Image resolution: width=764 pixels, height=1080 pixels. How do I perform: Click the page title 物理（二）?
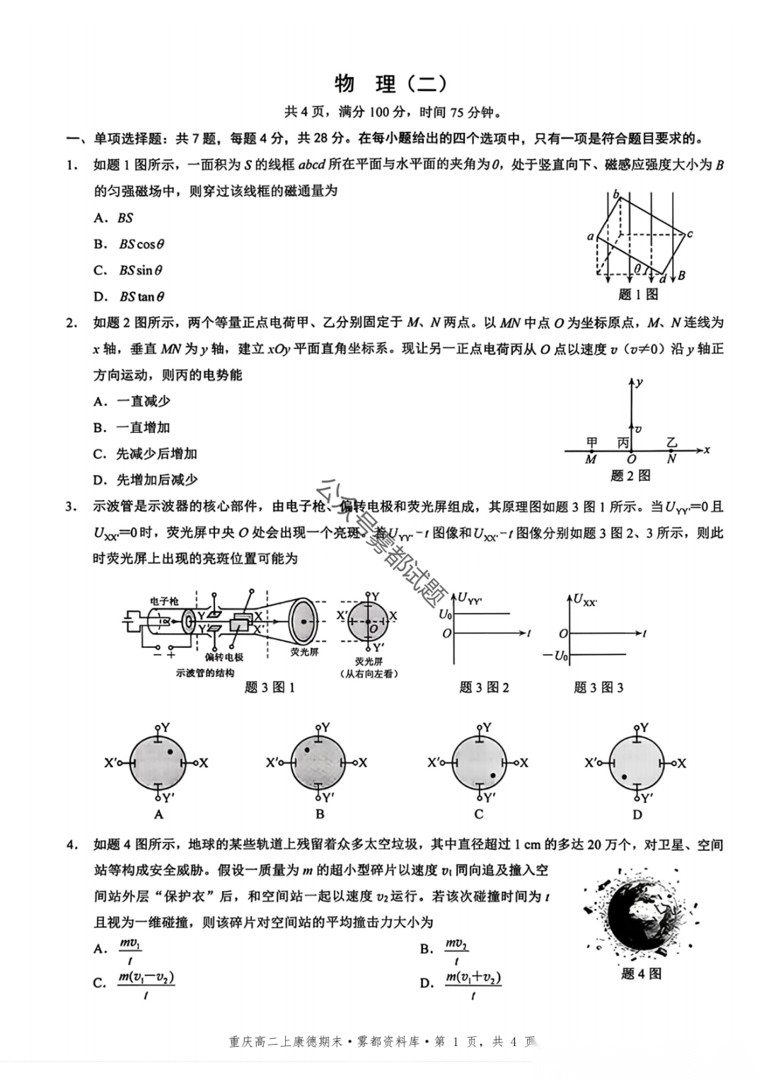(x=390, y=84)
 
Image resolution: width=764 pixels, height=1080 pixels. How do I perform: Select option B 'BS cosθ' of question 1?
(x=141, y=244)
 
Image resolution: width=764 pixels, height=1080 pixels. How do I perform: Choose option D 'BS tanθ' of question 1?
(x=141, y=296)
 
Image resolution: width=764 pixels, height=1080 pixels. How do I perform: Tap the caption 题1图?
(x=638, y=294)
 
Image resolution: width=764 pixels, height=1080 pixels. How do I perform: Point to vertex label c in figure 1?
(x=689, y=234)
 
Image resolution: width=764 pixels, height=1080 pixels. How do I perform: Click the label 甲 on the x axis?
(x=592, y=443)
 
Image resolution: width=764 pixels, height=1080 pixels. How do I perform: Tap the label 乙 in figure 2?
(x=671, y=443)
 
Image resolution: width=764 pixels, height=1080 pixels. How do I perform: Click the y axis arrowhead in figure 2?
(x=630, y=382)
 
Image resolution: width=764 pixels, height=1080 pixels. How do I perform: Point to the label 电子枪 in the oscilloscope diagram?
(x=164, y=601)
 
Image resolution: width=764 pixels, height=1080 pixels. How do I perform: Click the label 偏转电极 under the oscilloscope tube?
(x=224, y=657)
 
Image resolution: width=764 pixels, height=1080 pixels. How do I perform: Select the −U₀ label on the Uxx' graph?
(x=556, y=656)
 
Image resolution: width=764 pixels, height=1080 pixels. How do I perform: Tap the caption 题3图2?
(x=484, y=687)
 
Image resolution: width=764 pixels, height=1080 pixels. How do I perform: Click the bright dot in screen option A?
(x=170, y=751)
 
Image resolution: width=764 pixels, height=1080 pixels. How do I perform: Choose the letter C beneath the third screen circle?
(x=479, y=813)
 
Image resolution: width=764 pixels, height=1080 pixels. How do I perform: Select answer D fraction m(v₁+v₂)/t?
(x=473, y=984)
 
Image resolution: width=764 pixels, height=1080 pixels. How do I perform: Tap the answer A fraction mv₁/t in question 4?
(x=130, y=950)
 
